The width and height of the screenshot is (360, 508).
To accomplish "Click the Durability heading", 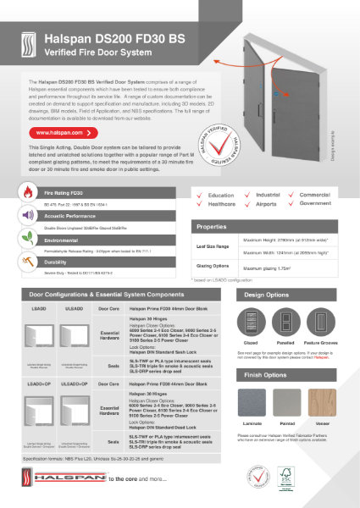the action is click(x=68, y=262).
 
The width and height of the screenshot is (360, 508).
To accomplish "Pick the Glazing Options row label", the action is click(x=214, y=267).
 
